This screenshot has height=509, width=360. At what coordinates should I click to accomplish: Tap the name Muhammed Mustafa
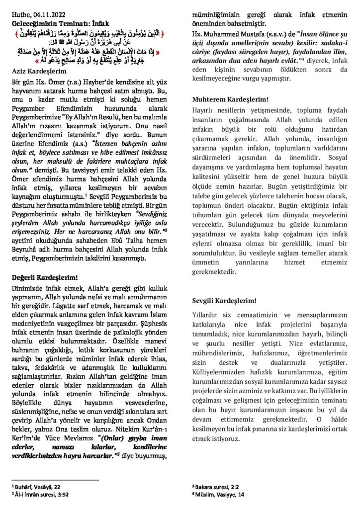(x=231, y=34)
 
